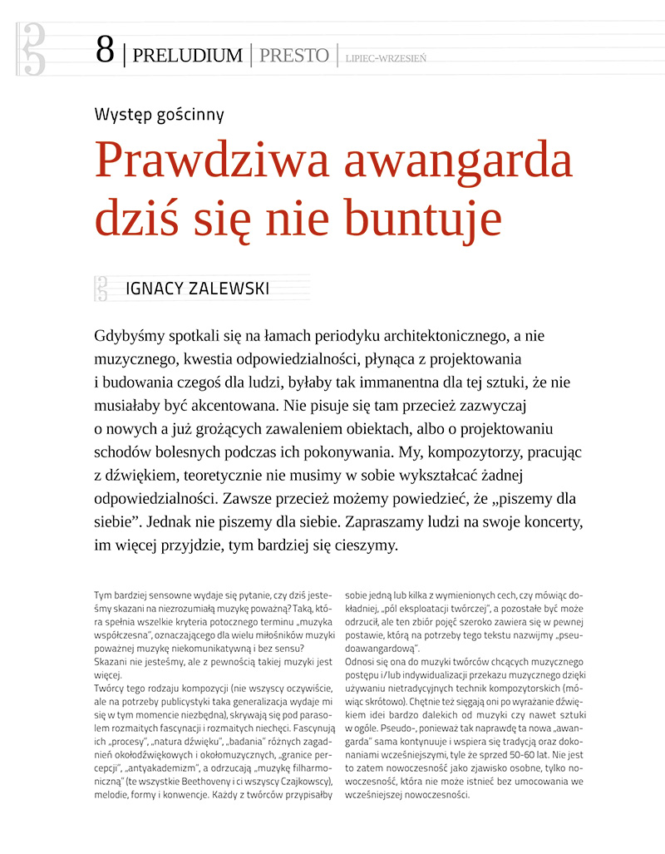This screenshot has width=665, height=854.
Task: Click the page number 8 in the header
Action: pyautogui.click(x=105, y=51)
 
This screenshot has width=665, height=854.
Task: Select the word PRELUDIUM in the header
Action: pyautogui.click(x=187, y=56)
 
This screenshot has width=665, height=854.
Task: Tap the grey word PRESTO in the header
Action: pyautogui.click(x=293, y=56)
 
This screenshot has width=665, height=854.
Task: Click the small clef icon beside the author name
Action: pyautogui.click(x=102, y=288)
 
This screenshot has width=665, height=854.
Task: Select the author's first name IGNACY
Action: pyautogui.click(x=155, y=289)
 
